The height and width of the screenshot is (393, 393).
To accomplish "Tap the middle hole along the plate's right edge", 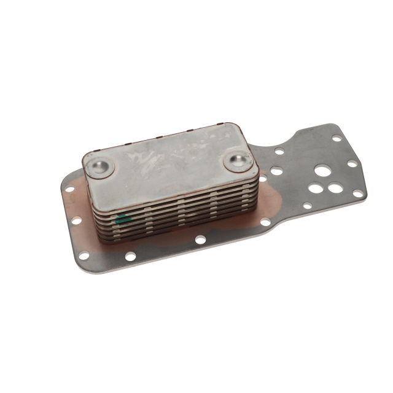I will coord(351,164).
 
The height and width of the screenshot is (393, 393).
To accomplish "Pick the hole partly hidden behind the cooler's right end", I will coord(263,179).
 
